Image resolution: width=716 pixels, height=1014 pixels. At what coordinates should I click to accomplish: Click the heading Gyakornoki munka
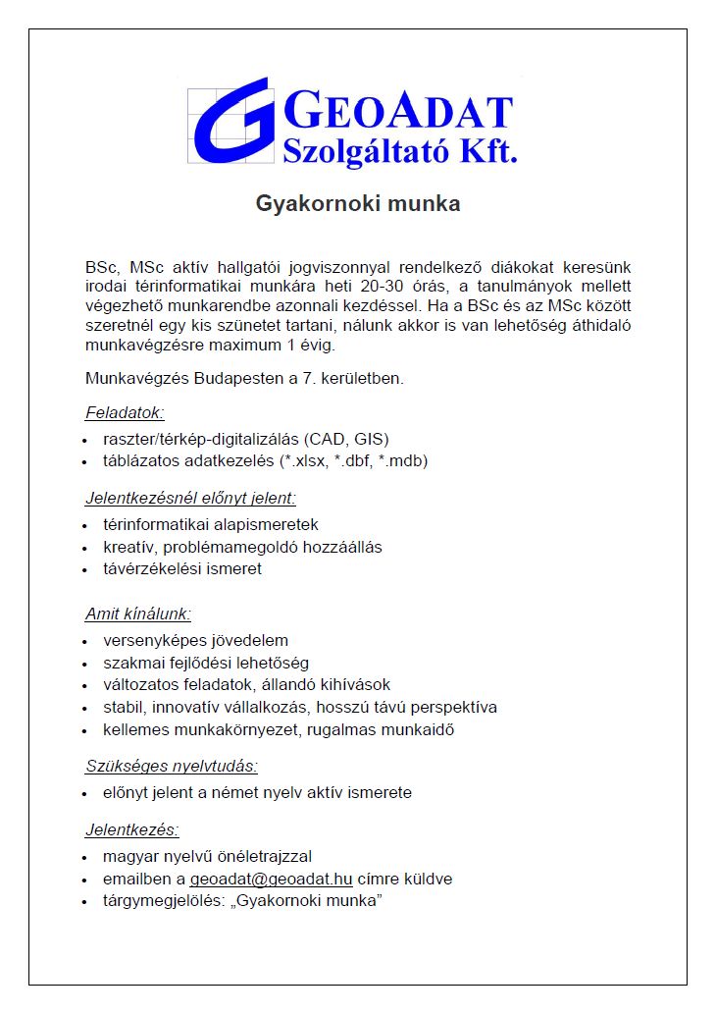coord(358,204)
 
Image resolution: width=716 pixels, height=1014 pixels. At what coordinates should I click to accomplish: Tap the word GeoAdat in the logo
coord(397,112)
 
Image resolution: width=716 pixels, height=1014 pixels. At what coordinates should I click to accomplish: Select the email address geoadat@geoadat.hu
coord(271,879)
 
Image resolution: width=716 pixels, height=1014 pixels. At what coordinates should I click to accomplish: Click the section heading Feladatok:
coord(125,412)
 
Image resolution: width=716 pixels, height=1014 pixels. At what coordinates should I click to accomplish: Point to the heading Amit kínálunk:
coord(138,614)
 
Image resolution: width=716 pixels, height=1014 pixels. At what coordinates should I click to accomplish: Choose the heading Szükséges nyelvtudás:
coord(172,766)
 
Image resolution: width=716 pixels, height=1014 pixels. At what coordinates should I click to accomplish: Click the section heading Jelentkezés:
coord(132,829)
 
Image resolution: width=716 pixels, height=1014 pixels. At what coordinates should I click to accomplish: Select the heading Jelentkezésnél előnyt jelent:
coord(190,498)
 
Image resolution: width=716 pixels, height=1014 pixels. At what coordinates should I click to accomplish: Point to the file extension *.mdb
coord(405,460)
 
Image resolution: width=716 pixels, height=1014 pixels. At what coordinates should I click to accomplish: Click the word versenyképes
coord(149,641)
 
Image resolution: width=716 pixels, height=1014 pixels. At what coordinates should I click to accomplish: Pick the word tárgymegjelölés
coord(161,901)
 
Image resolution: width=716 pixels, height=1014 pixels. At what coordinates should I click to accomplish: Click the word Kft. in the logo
coord(486,150)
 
